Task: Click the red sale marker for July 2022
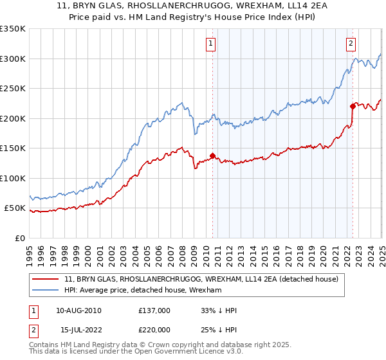pyautogui.click(x=353, y=106)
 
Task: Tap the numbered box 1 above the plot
pyautogui.click(x=210, y=44)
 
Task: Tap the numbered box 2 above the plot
pyautogui.click(x=351, y=44)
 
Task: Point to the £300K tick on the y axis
pyautogui.click(x=13, y=59)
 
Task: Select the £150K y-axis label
pyautogui.click(x=13, y=148)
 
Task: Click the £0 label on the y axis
pyautogui.click(x=20, y=238)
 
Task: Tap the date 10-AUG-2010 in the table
pyautogui.click(x=78, y=310)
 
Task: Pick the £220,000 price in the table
pyautogui.click(x=154, y=330)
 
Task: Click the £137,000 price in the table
pyautogui.click(x=154, y=310)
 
